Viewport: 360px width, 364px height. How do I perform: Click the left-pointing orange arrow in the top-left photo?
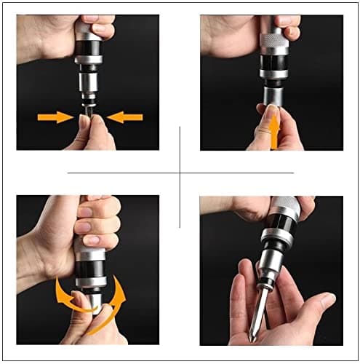[128, 116]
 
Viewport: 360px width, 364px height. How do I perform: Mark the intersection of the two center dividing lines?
[180, 173]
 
